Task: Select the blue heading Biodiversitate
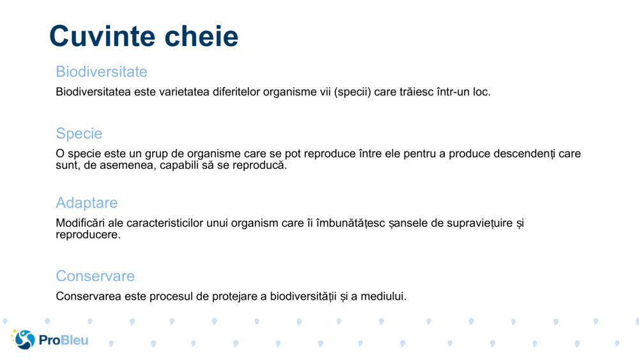pyautogui.click(x=102, y=72)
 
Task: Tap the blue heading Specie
pyautogui.click(x=79, y=134)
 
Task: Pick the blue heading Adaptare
pyautogui.click(x=87, y=203)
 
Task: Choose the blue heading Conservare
pyautogui.click(x=95, y=276)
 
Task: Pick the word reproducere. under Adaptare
pyautogui.click(x=88, y=235)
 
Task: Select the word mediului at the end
pyautogui.click(x=384, y=297)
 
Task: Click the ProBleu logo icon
pyautogui.click(x=24, y=340)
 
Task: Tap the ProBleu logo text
pyautogui.click(x=64, y=340)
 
